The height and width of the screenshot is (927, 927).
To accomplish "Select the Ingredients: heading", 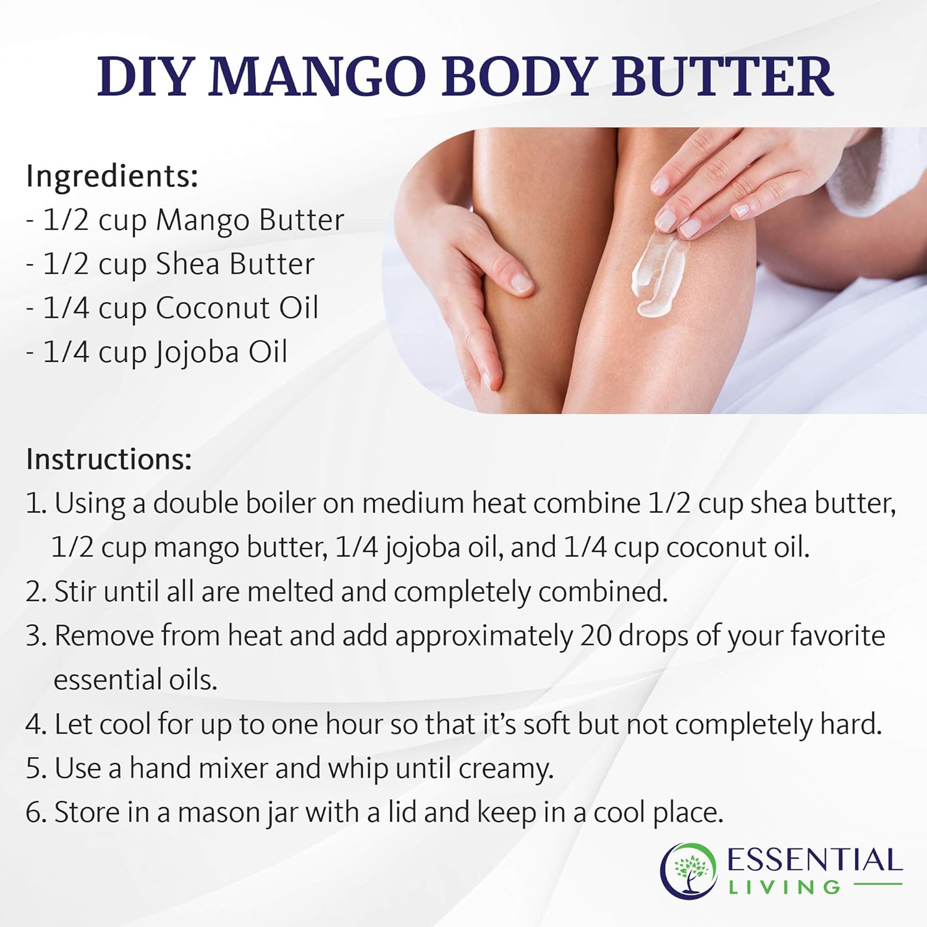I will (x=112, y=176).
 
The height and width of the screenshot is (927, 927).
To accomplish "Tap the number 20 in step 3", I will (x=595, y=636).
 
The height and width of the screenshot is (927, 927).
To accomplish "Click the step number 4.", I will (x=35, y=724).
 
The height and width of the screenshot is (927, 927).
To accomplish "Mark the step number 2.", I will (x=35, y=592).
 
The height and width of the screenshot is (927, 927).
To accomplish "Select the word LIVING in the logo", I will (x=784, y=888).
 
